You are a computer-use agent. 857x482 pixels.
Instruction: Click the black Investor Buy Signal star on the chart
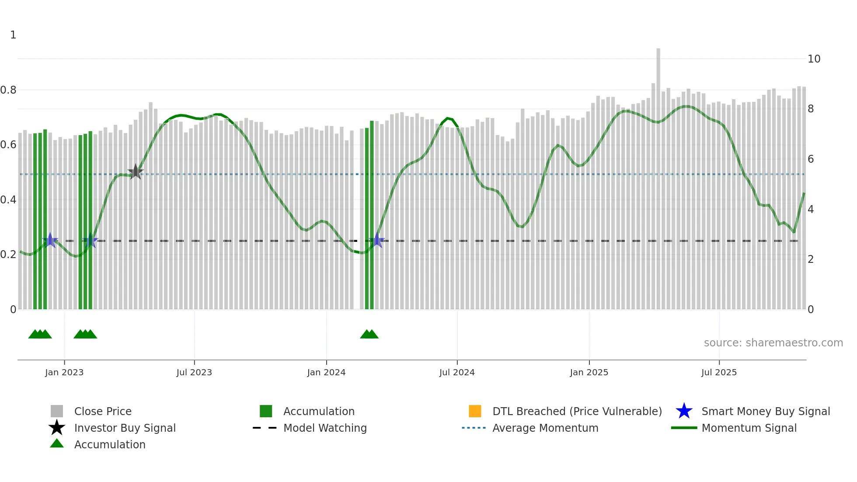tap(136, 172)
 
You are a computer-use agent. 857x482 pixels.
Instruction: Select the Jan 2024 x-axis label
tap(326, 372)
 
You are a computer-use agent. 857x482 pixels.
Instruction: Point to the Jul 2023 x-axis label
tap(194, 372)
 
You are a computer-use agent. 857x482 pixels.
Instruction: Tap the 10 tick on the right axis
tap(814, 59)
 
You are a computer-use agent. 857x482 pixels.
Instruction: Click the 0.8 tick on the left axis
tap(9, 90)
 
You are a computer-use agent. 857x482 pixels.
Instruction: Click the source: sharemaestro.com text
tap(773, 343)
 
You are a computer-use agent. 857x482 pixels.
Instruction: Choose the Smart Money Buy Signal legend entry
tap(765, 411)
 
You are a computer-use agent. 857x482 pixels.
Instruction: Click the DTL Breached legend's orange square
tap(475, 411)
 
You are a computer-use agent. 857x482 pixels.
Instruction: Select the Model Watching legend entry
tap(324, 428)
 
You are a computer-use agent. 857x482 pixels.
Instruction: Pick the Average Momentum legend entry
tap(545, 428)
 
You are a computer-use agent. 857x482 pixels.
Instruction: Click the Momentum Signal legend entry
tap(749, 428)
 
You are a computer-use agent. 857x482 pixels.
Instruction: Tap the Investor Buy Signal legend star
tap(57, 428)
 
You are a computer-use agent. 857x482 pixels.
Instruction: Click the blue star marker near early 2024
tap(377, 240)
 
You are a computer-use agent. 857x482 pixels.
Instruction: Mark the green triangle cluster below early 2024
tap(369, 334)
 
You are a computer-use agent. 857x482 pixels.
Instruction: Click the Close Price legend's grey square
tap(57, 411)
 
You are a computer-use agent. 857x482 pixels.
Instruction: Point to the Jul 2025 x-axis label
tap(719, 372)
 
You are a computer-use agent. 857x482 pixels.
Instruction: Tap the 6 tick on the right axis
tap(810, 159)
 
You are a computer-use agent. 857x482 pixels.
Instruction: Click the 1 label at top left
tap(13, 35)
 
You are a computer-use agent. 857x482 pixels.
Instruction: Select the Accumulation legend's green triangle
tap(57, 444)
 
